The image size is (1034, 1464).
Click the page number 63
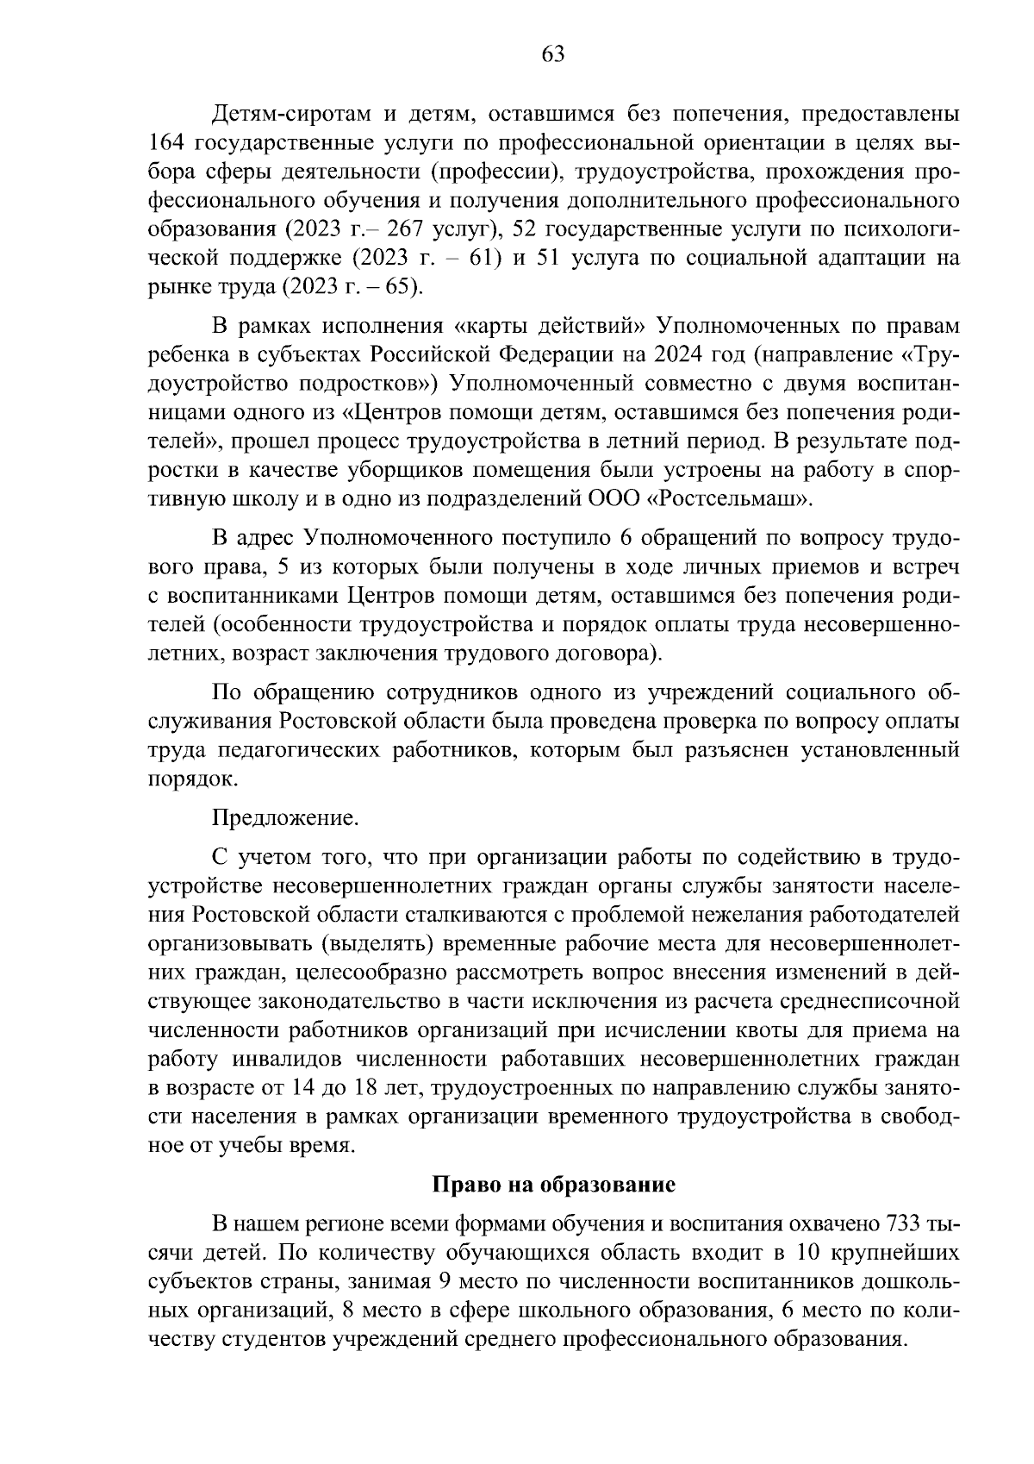point(552,55)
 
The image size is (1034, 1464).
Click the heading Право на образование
point(552,1184)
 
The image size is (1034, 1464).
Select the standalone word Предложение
point(284,817)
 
